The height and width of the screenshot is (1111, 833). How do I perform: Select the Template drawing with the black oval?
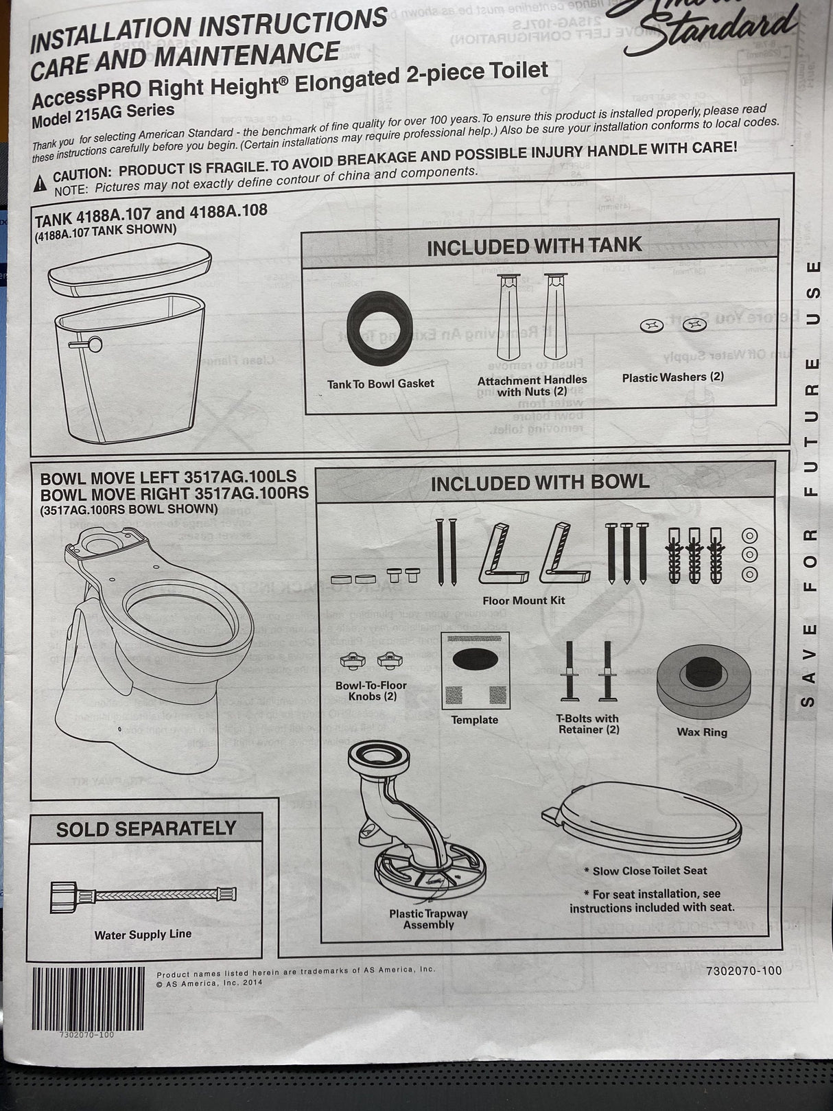(475, 670)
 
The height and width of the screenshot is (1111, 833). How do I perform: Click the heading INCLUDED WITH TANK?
(534, 246)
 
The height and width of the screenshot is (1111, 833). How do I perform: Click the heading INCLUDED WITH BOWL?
(540, 483)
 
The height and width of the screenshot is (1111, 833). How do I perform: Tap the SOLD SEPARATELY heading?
(146, 829)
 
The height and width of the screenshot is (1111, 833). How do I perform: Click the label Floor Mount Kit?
(524, 600)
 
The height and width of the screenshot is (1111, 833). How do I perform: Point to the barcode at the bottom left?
(87, 998)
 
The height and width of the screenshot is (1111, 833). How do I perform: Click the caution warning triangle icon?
(41, 181)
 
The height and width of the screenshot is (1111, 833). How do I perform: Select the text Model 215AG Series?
(103, 115)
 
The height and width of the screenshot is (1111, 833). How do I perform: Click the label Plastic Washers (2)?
(672, 377)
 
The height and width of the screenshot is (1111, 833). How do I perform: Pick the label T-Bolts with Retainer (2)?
(587, 724)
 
